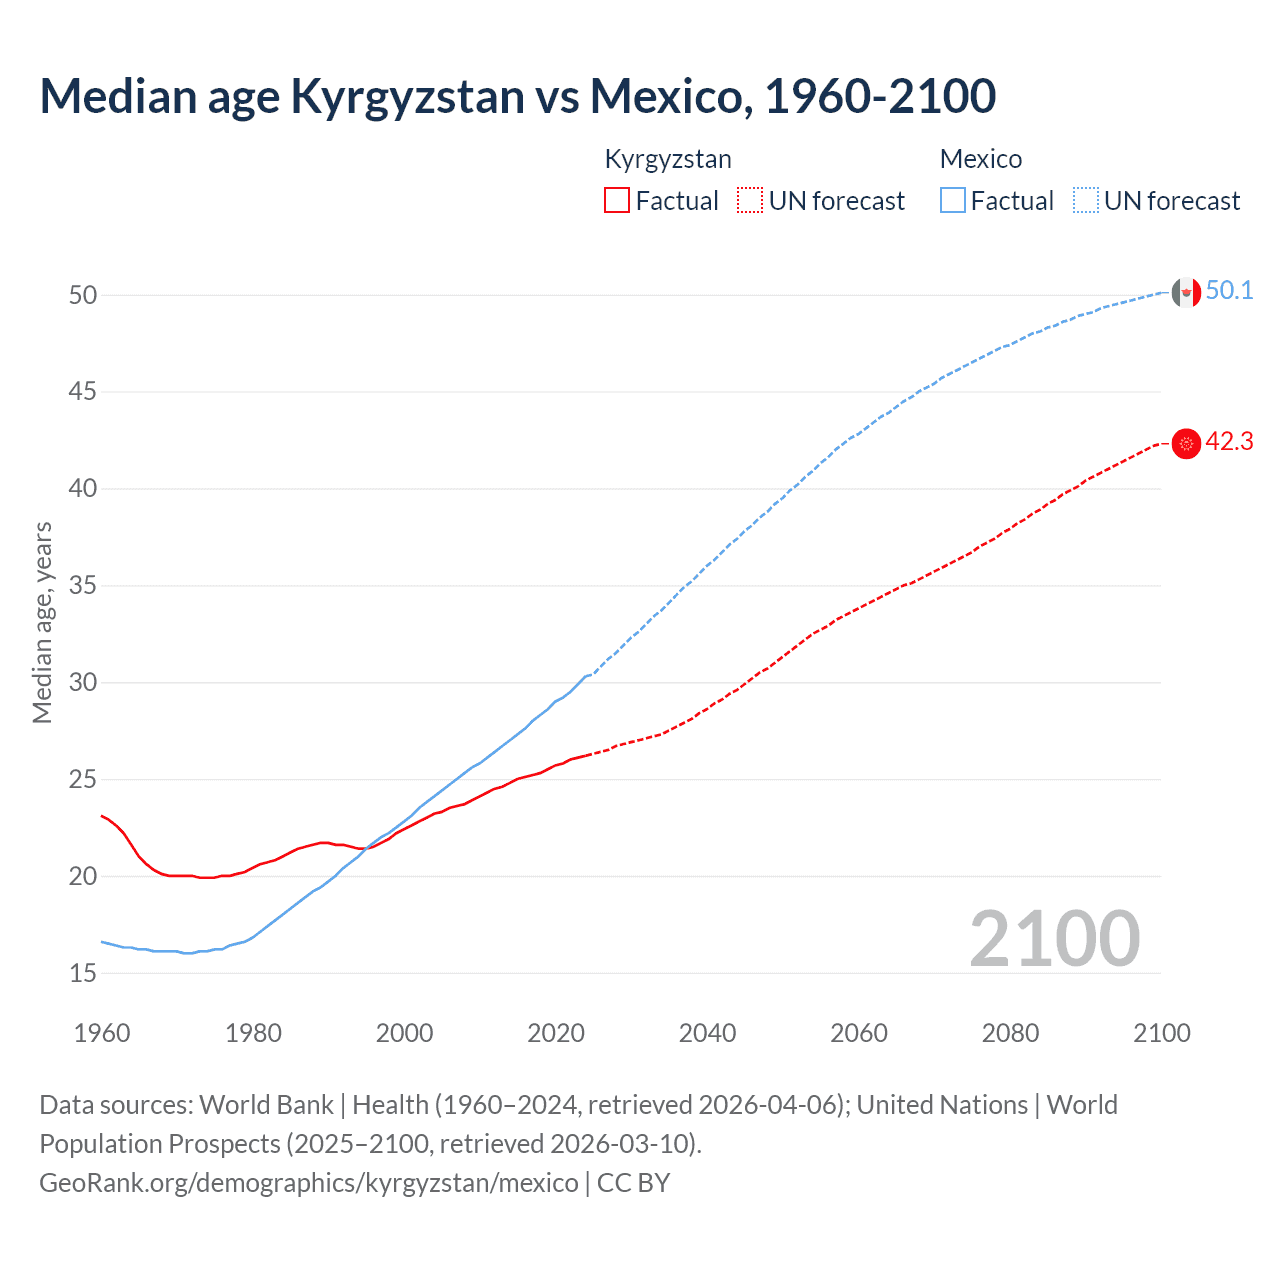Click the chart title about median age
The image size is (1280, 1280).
click(517, 97)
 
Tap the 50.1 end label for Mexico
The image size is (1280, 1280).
click(1229, 291)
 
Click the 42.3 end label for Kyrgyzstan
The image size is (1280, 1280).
click(1229, 442)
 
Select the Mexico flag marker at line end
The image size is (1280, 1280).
click(1185, 292)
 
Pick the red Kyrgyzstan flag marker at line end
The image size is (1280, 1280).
click(1185, 443)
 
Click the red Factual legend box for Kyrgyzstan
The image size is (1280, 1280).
click(617, 201)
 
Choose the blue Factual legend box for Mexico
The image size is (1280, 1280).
click(952, 201)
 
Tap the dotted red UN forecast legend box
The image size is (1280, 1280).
click(750, 201)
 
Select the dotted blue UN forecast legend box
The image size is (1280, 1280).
click(1085, 201)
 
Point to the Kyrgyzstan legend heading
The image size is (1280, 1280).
click(668, 159)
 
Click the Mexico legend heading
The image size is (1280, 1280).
click(980, 159)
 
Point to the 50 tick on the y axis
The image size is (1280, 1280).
click(83, 295)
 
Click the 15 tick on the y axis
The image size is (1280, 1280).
click(83, 973)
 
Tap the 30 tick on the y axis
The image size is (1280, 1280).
click(83, 683)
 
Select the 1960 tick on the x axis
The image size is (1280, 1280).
click(102, 1033)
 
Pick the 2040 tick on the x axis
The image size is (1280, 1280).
click(707, 1033)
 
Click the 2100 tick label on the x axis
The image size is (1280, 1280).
click(1161, 1033)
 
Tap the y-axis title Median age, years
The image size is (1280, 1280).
click(42, 622)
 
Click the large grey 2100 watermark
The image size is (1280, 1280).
click(1054, 939)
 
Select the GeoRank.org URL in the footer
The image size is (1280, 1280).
click(308, 1183)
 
